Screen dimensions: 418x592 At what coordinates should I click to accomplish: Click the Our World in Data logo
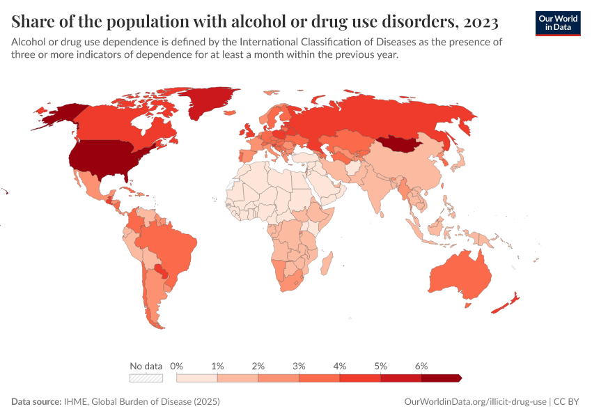[558, 23]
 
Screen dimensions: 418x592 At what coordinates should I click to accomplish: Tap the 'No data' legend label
[146, 366]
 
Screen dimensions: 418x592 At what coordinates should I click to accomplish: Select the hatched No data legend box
[146, 378]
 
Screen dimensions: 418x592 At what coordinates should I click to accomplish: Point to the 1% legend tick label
[217, 366]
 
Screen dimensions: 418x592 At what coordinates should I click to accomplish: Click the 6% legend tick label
[421, 366]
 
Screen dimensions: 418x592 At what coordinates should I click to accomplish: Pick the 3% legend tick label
[299, 366]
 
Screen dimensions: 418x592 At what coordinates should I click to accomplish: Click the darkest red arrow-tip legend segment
[441, 378]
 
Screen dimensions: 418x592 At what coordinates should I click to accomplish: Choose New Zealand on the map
[506, 304]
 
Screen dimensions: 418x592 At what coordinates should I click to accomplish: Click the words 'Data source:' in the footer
[36, 402]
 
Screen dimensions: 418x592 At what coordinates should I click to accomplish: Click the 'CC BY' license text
[567, 402]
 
